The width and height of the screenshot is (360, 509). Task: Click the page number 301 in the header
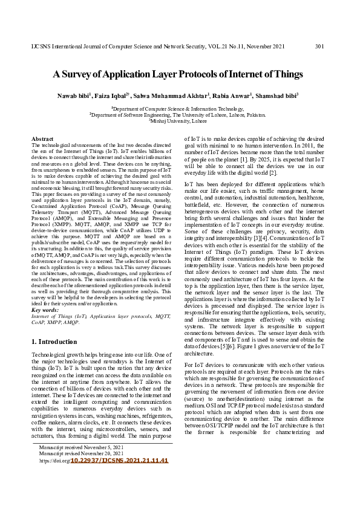[x=321, y=47]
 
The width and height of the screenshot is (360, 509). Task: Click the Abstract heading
[x=42, y=139]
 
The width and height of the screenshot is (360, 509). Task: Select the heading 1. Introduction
[x=54, y=342]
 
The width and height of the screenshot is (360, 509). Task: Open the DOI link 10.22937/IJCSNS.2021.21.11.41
[x=119, y=477]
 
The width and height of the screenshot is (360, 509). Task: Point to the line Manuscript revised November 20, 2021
[x=80, y=471]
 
